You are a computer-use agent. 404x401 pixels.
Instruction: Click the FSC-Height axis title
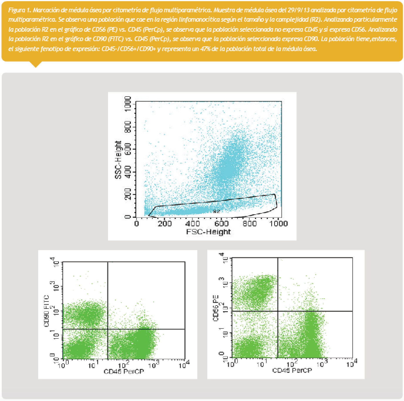(208, 232)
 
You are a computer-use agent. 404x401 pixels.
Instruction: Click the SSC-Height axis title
(118, 161)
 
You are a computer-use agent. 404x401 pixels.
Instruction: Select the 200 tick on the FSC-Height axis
(165, 224)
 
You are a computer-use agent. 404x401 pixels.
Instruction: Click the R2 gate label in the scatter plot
(217, 211)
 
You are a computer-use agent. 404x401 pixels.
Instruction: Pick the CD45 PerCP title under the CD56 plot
(292, 370)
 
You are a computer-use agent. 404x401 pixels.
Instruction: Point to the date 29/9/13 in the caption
(299, 11)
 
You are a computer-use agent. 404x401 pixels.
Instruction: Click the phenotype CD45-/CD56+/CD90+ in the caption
(128, 49)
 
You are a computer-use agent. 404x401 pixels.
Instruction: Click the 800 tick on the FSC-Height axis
(250, 224)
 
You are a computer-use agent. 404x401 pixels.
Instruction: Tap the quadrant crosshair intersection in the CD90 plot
(108, 329)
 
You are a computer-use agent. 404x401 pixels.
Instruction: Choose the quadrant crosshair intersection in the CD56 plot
(277, 311)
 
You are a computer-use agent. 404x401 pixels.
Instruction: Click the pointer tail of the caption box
(36, 64)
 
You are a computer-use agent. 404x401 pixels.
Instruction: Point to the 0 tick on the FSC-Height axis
(137, 224)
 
